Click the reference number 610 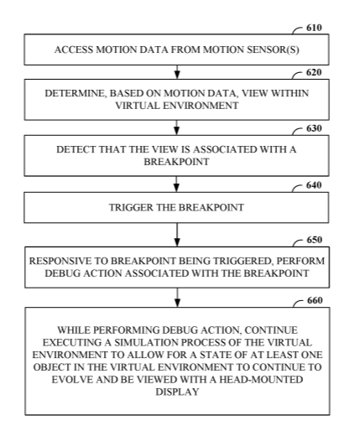[314, 28]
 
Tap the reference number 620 [314, 72]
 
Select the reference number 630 [314, 128]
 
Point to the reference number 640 [314, 185]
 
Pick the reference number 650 [315, 240]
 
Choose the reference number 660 [315, 300]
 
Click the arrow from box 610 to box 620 [177, 72]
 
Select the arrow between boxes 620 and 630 [176, 127]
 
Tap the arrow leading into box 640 [176, 184]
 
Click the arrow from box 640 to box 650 [177, 235]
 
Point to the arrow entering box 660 [177, 298]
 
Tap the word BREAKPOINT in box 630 [176, 162]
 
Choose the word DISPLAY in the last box [177, 392]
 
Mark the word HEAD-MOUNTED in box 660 [261, 380]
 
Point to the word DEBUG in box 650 [63, 273]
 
